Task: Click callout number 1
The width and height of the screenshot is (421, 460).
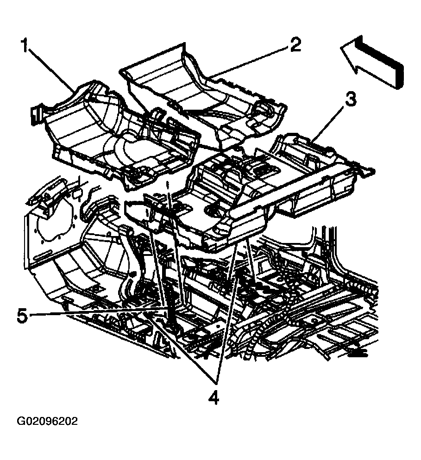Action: [25, 45]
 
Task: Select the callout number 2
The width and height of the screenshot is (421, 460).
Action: [295, 45]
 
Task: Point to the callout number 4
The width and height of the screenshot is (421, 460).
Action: [214, 398]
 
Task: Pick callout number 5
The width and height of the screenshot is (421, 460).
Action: [22, 316]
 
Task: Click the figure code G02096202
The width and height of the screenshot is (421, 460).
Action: [47, 421]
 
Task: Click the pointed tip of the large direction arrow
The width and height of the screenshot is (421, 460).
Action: [341, 47]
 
